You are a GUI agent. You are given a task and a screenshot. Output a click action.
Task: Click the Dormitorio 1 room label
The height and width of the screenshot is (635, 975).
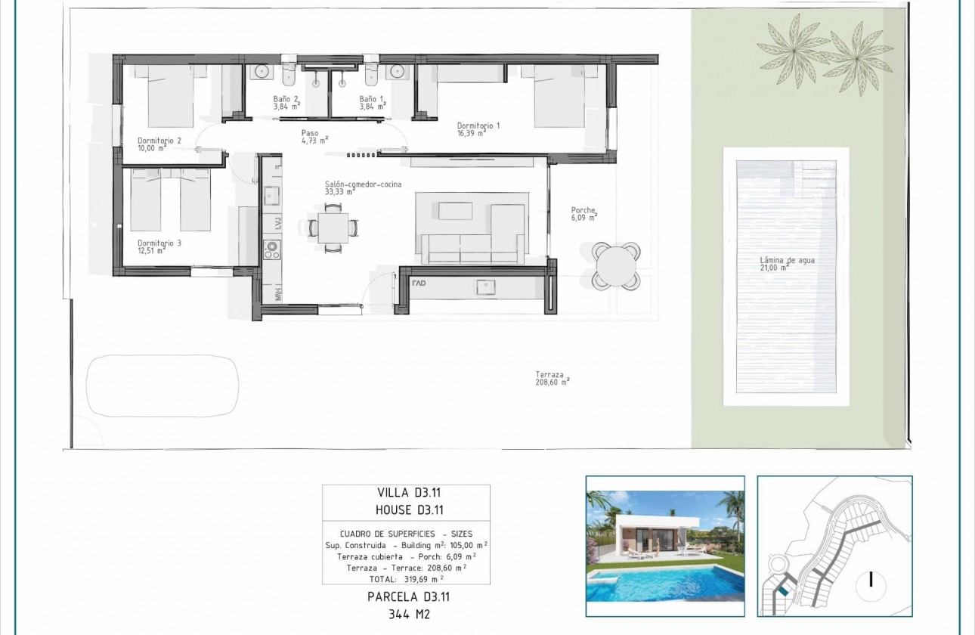click(478, 129)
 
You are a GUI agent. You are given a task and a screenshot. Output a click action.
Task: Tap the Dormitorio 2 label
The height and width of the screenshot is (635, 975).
click(159, 144)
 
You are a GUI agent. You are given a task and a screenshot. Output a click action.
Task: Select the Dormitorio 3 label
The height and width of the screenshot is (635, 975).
click(159, 247)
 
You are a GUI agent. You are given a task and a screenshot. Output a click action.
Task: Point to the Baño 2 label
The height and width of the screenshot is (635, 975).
click(286, 103)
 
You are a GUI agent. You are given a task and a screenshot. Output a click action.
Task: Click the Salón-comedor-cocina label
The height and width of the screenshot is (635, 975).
click(363, 187)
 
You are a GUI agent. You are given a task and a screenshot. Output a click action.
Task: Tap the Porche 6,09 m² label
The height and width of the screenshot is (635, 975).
click(584, 214)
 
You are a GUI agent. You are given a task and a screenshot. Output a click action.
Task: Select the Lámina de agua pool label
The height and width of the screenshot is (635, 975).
click(787, 263)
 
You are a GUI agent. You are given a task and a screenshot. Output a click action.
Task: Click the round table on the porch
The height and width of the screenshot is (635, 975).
click(615, 265)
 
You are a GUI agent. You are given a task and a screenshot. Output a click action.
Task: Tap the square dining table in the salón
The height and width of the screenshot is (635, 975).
click(333, 227)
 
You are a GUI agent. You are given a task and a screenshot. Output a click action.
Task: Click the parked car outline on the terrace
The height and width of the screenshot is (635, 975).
click(163, 386)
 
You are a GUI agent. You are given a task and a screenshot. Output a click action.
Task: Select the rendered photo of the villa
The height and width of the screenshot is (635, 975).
click(665, 546)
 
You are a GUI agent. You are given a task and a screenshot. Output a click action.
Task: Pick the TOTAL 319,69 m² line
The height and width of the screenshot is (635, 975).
click(406, 578)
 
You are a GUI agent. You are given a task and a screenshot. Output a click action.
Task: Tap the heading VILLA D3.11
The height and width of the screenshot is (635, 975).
click(406, 493)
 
